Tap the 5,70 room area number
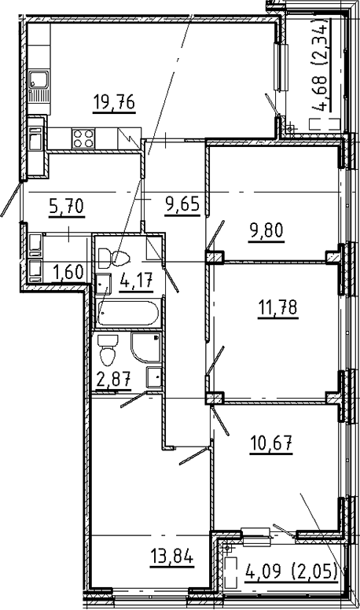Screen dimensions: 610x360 [66, 207]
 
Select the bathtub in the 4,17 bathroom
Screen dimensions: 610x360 [128, 313]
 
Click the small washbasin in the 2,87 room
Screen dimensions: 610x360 [155, 377]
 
